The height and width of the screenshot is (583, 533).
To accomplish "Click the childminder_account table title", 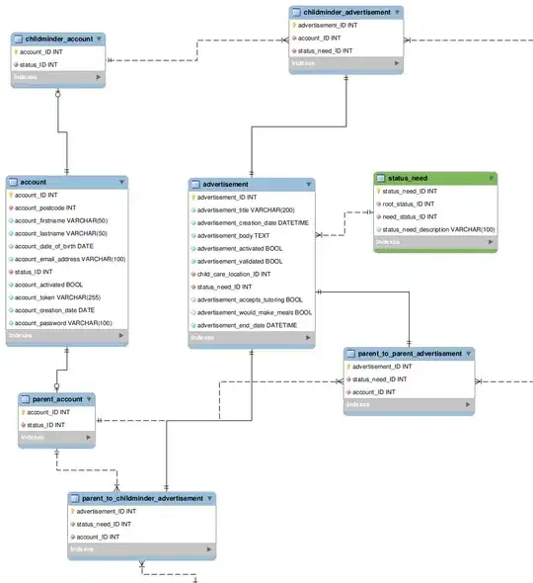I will click(58, 40).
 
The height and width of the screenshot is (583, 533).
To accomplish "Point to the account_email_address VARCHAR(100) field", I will click(69, 259).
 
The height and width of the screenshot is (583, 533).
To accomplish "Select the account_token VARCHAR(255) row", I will click(58, 296).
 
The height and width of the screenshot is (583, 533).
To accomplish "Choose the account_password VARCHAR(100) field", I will click(63, 322).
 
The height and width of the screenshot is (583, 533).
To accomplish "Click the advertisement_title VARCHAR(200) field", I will click(246, 209).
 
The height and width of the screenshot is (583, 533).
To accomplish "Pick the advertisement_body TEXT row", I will click(234, 235).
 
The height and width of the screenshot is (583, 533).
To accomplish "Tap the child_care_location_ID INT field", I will click(234, 274).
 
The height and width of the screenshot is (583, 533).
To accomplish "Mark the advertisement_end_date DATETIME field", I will click(247, 325).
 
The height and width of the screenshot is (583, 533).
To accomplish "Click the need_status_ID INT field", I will click(410, 216).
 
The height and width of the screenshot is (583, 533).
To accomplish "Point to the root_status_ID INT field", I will click(408, 204).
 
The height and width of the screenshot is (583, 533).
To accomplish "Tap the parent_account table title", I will click(54, 399).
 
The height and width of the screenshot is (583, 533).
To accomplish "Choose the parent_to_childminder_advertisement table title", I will click(142, 498).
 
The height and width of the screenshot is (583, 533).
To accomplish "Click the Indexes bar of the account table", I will click(68, 336).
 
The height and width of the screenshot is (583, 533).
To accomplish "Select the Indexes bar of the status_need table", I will click(435, 242).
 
